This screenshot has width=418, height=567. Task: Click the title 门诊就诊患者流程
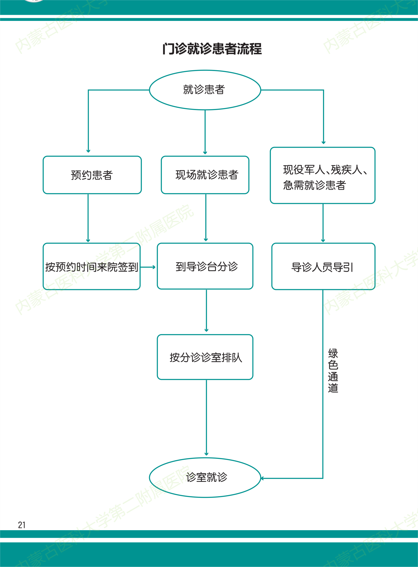[x=212, y=49]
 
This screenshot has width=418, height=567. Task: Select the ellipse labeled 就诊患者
[x=205, y=90]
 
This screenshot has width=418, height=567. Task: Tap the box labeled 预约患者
[x=92, y=175]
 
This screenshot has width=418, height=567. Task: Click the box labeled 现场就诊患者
[x=205, y=175]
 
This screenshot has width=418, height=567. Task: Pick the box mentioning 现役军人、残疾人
[x=322, y=176]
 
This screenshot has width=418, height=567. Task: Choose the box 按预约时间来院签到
[x=91, y=267]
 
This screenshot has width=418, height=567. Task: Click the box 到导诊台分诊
[x=205, y=266]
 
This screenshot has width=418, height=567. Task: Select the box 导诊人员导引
[x=323, y=267]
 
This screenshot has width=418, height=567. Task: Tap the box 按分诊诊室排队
[x=205, y=357]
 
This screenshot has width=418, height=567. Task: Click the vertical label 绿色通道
[x=333, y=371]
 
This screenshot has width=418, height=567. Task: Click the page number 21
[x=22, y=525]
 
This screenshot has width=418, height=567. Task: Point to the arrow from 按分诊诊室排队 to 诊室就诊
[x=206, y=418]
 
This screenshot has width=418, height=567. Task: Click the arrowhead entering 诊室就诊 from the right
[x=263, y=478]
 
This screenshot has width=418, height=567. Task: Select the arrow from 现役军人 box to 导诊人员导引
[x=323, y=223]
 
